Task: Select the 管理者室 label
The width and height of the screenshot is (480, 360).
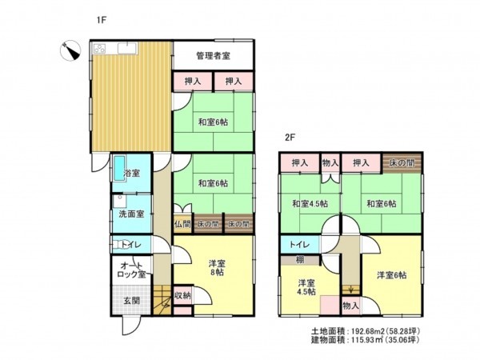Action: pyautogui.click(x=214, y=56)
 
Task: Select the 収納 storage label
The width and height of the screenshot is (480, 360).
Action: pyautogui.click(x=182, y=295)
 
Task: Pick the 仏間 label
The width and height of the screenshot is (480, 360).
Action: pyautogui.click(x=182, y=224)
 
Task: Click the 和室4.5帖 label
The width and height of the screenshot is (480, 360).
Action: pyautogui.click(x=306, y=204)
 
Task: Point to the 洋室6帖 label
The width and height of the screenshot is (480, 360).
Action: pyautogui.click(x=391, y=275)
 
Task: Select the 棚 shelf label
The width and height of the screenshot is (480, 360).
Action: pyautogui.click(x=297, y=260)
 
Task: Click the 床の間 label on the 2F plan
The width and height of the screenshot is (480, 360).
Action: pyautogui.click(x=402, y=163)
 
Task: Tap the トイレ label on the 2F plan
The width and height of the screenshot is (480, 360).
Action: pyautogui.click(x=301, y=243)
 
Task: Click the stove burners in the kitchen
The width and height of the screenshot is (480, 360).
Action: pyautogui.click(x=100, y=49)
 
